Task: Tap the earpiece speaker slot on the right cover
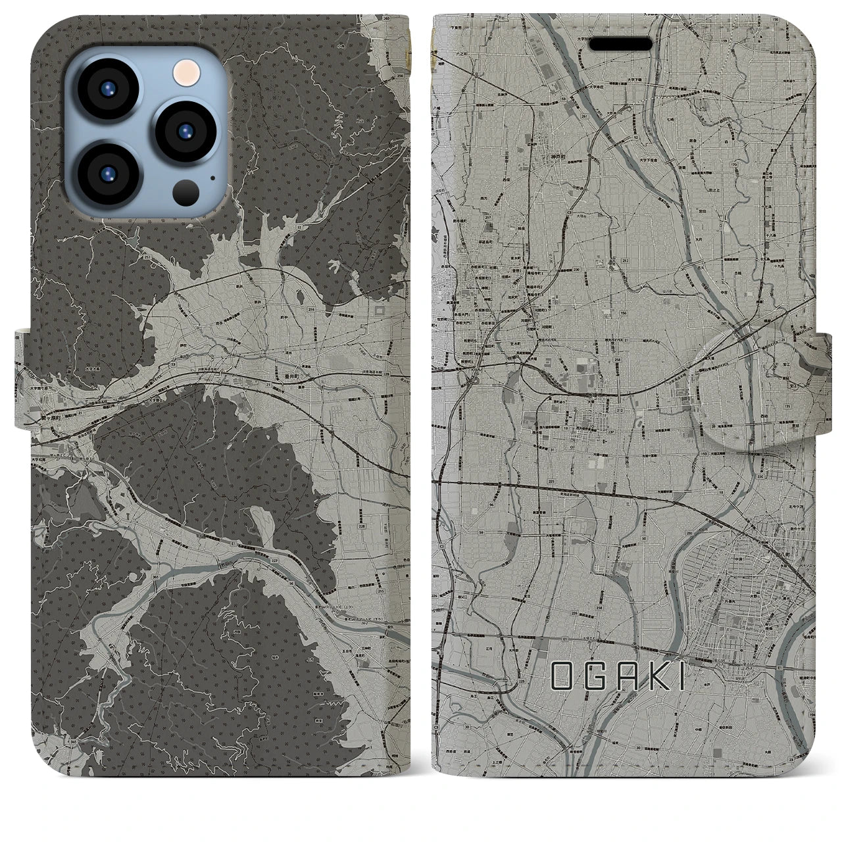[620, 44]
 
